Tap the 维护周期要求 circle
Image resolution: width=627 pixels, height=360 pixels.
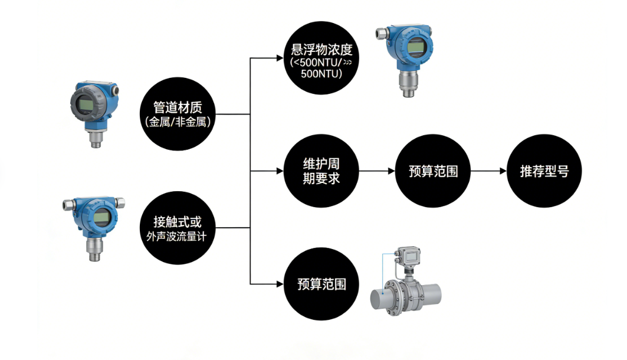click(321, 171)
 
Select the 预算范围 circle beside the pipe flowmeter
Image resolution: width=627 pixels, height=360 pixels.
click(321, 284)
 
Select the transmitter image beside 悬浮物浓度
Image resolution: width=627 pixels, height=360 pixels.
click(411, 59)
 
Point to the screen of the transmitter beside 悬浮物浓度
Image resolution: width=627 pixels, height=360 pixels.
click(416, 48)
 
